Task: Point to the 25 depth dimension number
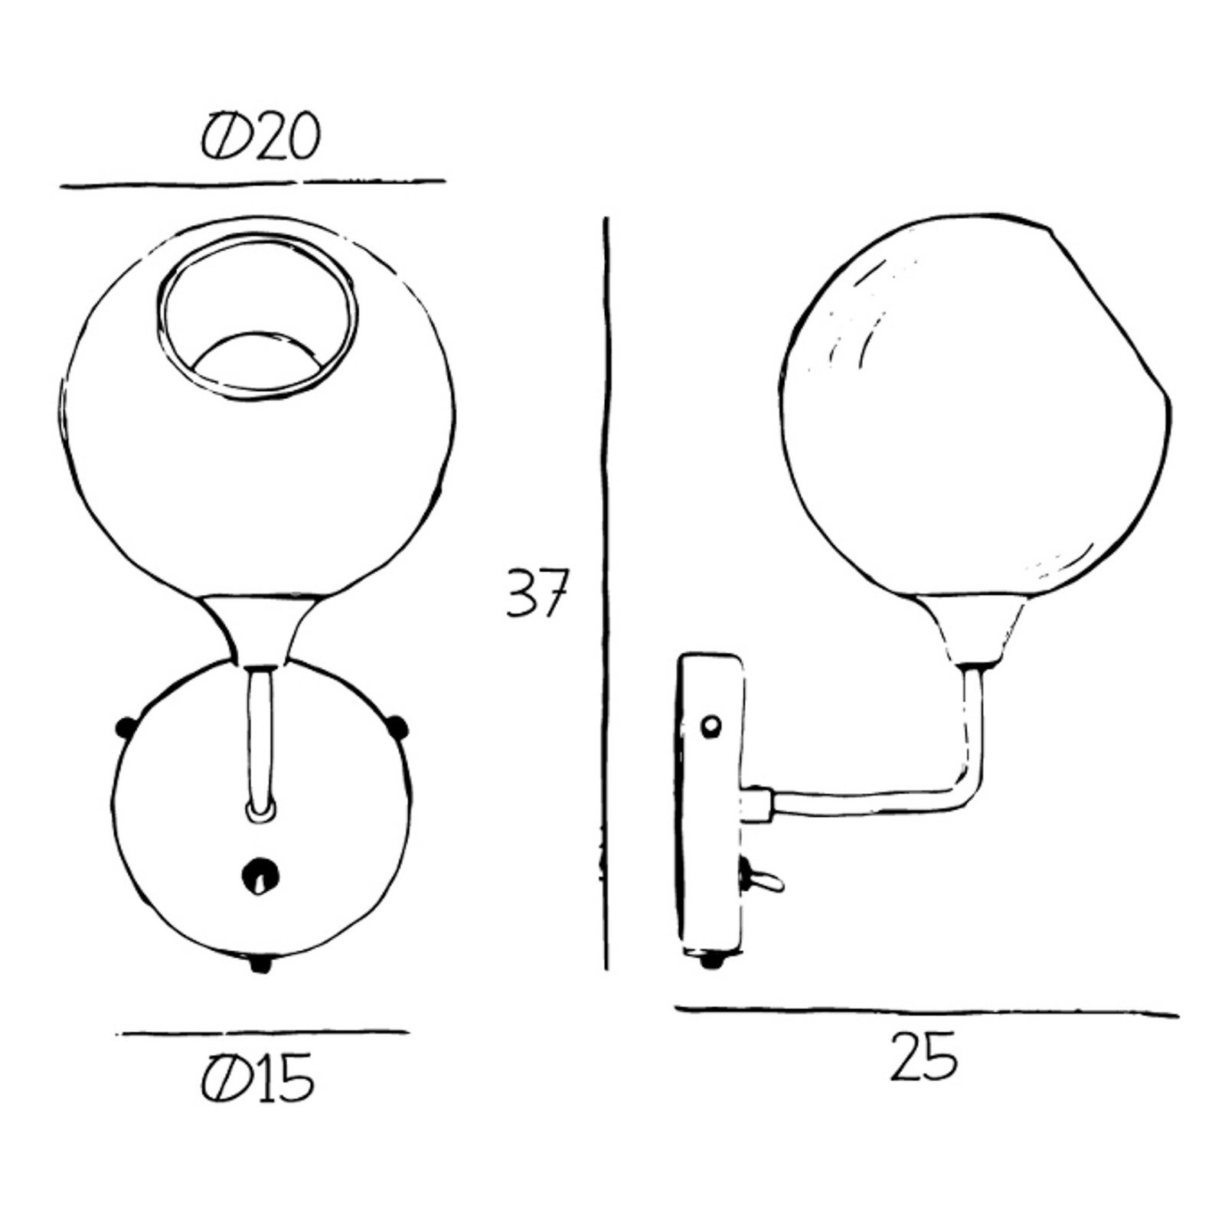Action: pos(923,1057)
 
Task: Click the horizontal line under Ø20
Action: pos(253,184)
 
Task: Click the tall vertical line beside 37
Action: pos(606,593)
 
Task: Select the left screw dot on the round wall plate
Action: pos(123,726)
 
